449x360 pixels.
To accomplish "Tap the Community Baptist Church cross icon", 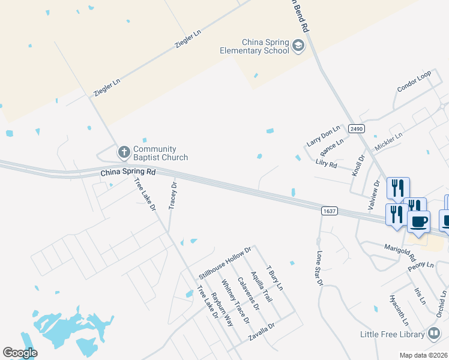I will tap(124, 153).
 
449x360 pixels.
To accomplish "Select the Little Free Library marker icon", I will tap(434, 334).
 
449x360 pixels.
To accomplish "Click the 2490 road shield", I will tap(357, 128).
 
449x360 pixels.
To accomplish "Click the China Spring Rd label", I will tap(128, 172).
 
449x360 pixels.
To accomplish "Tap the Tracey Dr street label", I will tap(173, 196).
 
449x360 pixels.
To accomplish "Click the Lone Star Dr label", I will tap(319, 268).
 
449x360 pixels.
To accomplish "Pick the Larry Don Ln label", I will tap(323, 136).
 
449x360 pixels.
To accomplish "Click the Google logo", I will tap(20, 353).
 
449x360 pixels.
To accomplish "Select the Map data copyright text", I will tap(424, 355).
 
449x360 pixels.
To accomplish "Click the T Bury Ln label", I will tap(274, 278).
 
